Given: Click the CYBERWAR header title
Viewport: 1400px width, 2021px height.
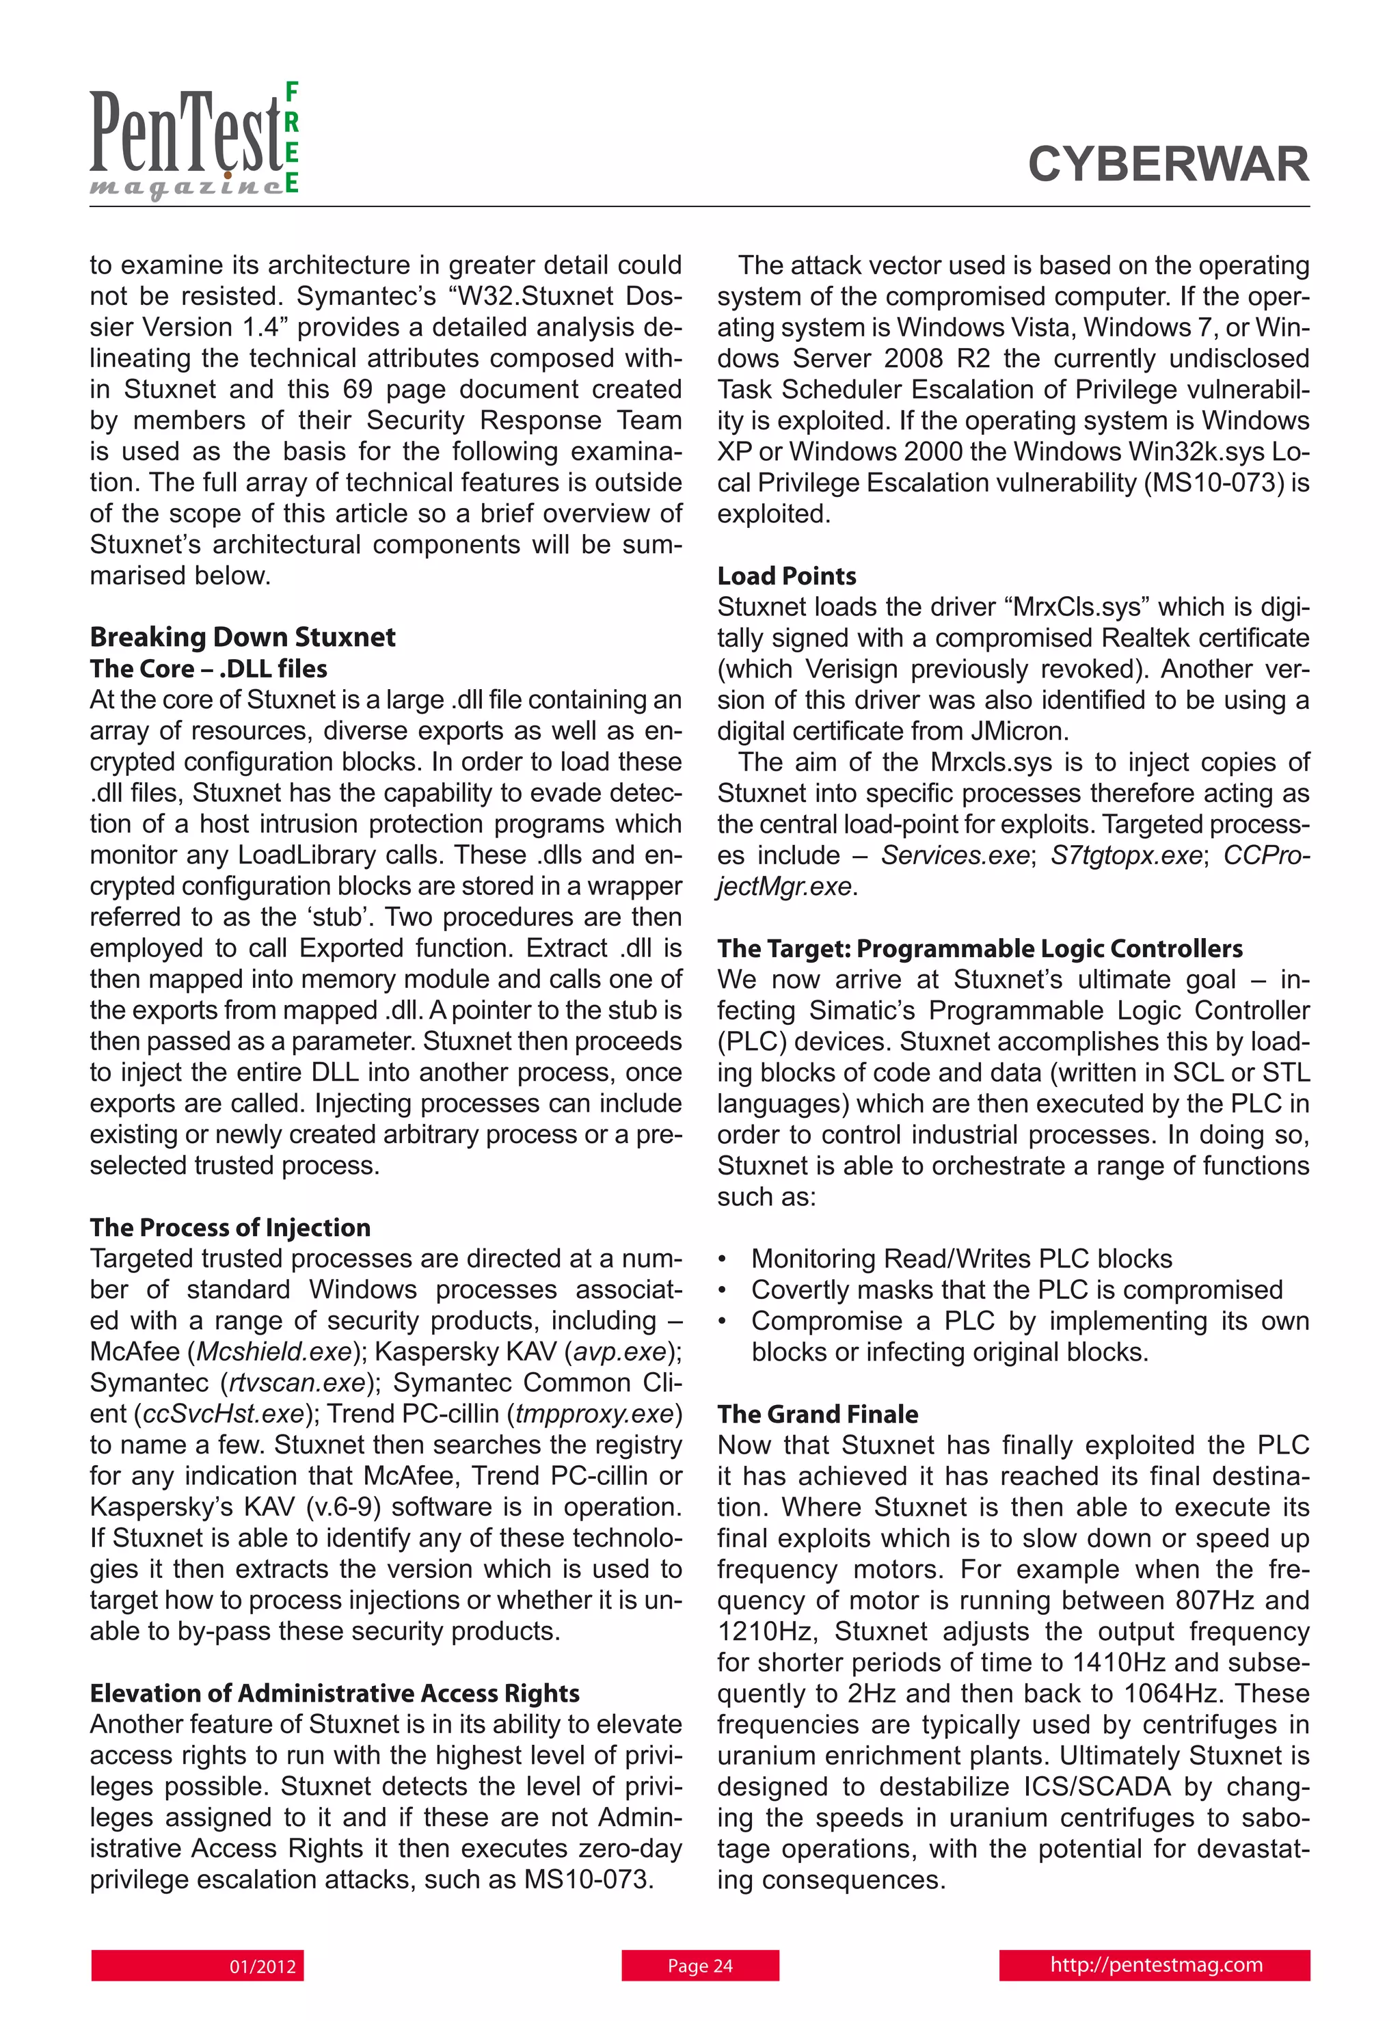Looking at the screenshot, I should [1168, 164].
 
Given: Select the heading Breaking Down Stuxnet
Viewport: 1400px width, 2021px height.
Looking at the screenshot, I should [242, 637].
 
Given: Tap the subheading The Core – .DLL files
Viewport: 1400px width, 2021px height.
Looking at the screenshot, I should [208, 669].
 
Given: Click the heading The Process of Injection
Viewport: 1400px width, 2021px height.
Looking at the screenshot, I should [230, 1227].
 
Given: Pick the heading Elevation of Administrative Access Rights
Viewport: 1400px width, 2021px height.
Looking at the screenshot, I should [334, 1693].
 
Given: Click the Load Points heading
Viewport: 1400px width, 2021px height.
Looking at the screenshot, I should [786, 576].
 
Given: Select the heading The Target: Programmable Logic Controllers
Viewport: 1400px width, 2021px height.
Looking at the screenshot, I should [979, 948].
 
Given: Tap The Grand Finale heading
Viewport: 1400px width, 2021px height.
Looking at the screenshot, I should [818, 1414].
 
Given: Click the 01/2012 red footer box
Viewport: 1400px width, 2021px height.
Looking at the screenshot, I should [198, 1966].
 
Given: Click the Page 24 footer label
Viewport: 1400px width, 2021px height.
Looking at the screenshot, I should [700, 1966].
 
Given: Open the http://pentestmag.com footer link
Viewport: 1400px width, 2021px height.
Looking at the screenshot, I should [1155, 1965].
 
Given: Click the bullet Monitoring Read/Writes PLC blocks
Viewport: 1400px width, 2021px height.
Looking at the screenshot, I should [960, 1259].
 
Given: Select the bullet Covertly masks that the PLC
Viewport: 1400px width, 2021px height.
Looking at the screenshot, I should [1016, 1289].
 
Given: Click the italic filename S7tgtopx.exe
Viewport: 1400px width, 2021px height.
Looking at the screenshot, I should [1125, 855].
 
